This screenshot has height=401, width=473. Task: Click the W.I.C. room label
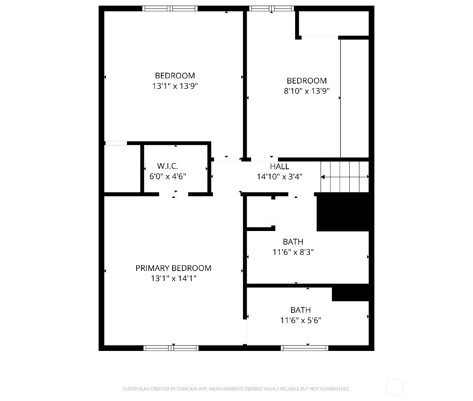coord(167,166)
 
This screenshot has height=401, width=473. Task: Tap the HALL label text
coord(279,166)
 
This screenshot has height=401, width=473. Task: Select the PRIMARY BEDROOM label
coord(173,268)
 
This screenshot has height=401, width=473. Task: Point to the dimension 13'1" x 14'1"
coord(173,278)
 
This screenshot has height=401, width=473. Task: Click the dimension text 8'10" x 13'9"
coord(306,91)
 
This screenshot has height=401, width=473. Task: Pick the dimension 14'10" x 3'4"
coord(279,176)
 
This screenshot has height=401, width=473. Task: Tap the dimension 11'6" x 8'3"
coord(293,252)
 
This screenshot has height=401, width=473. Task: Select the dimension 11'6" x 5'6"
coord(300,320)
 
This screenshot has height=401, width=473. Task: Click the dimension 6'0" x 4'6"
coord(167,176)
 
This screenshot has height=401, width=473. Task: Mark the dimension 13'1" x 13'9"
coord(175,86)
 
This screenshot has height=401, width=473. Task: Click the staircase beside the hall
coord(345,176)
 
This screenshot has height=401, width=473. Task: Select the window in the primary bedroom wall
coord(171,348)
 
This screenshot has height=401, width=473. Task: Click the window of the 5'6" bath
coord(304,348)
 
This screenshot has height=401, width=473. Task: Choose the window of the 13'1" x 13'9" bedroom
coord(170,8)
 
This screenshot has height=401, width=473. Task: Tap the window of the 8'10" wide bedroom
coord(272,8)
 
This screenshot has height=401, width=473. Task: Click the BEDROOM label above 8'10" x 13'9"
coord(306,81)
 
